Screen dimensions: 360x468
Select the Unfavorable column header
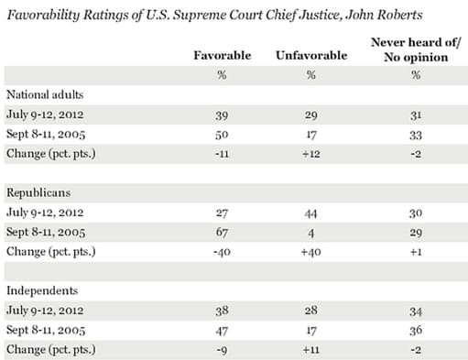coord(310,55)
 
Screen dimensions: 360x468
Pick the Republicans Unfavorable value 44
coord(310,214)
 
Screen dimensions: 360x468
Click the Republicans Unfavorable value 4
coord(310,234)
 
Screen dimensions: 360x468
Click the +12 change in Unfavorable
coord(310,153)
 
